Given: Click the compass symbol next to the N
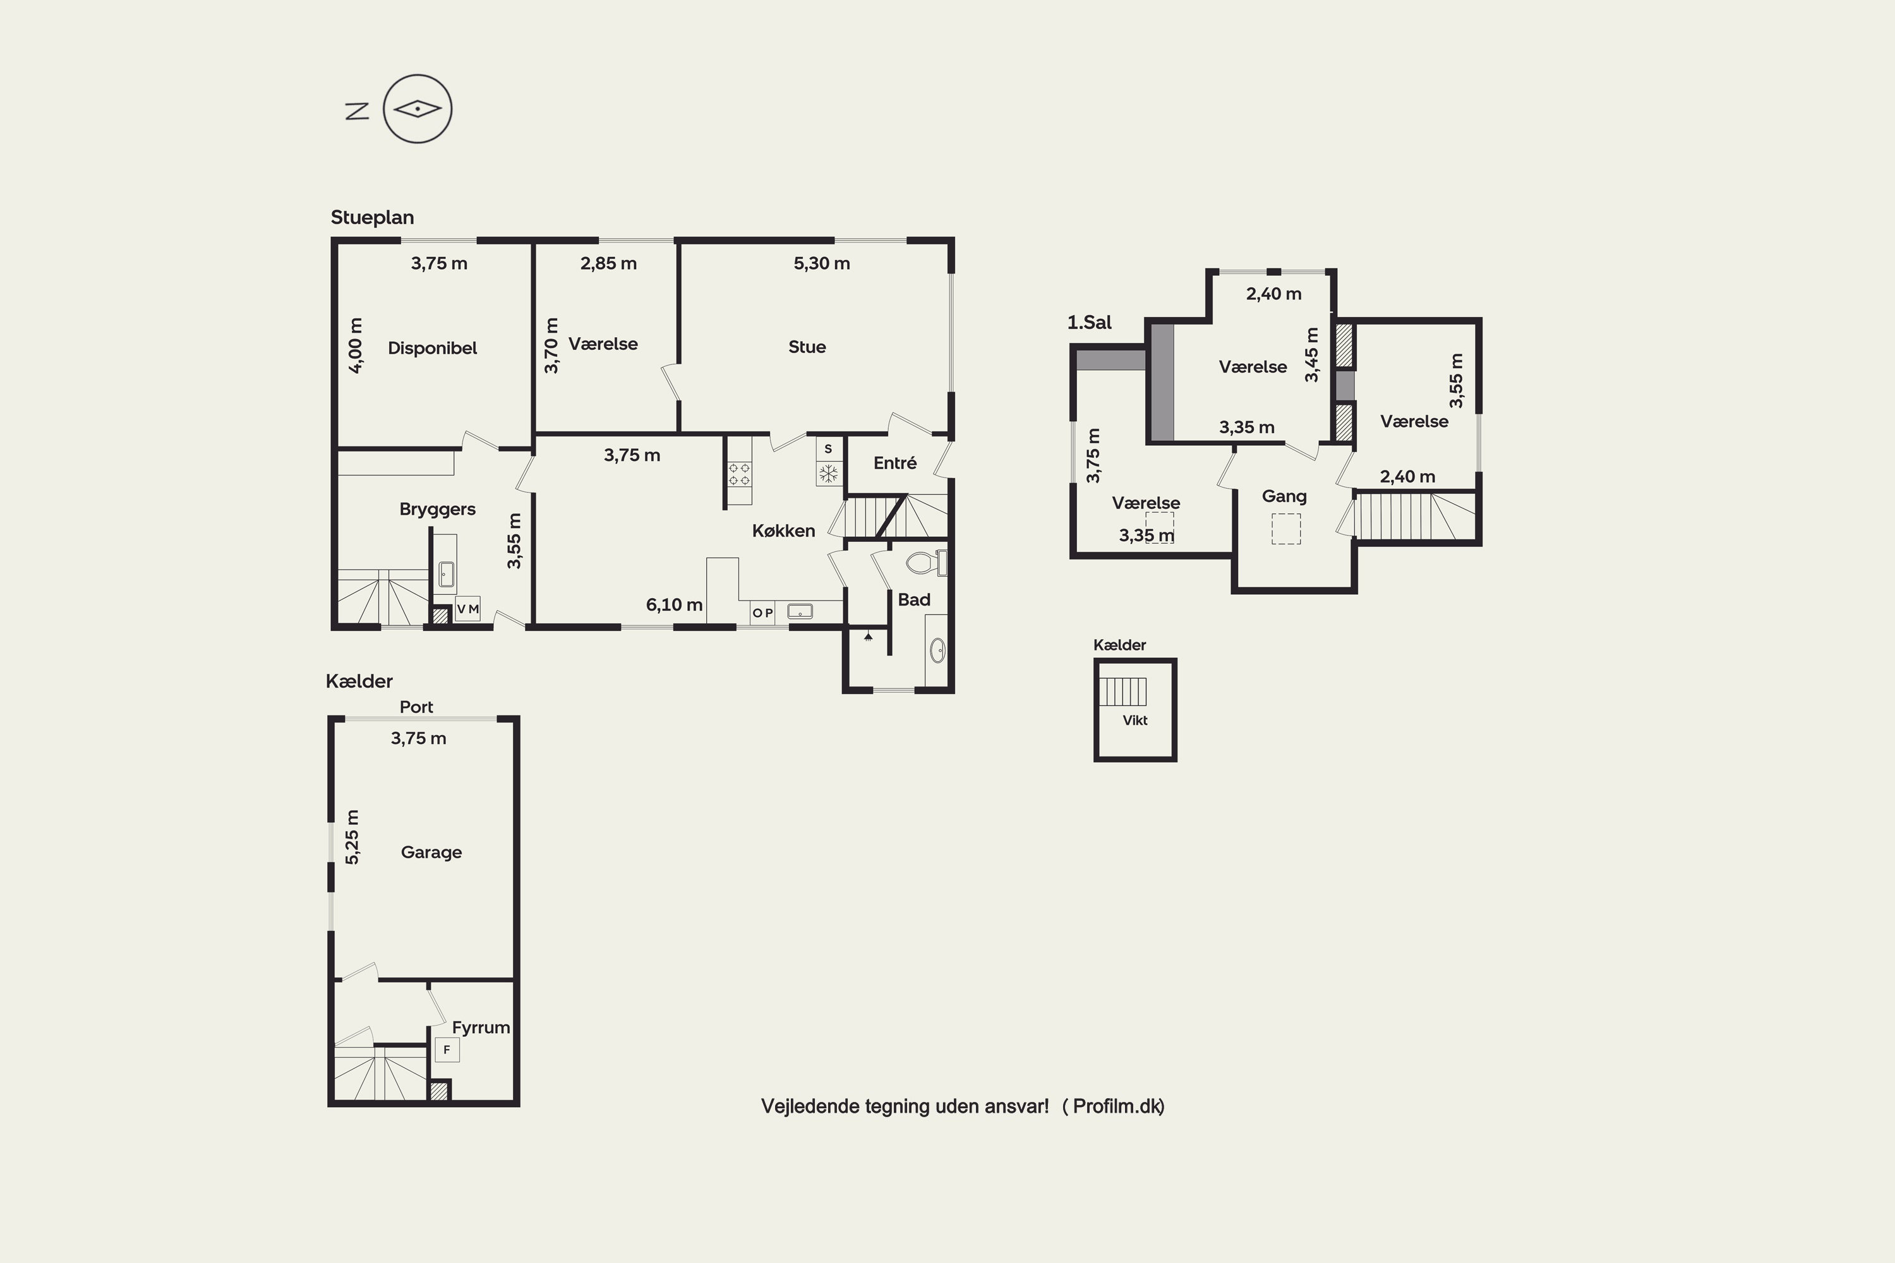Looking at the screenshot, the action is [x=418, y=109].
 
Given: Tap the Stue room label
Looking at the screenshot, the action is [x=807, y=347].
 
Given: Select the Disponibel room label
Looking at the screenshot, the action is [x=433, y=348].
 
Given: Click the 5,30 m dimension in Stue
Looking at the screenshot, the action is [x=821, y=263].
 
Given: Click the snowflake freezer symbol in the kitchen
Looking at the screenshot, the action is [x=828, y=474].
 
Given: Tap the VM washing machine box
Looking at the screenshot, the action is [x=467, y=609].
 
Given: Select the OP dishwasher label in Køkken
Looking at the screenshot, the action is [x=763, y=613].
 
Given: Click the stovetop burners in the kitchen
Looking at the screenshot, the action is [x=739, y=474].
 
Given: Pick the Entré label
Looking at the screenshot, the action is [x=894, y=463].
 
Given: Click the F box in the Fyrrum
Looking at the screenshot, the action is [x=447, y=1050].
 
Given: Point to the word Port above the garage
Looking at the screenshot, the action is [x=416, y=707].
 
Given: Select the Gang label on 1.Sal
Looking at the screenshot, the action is [x=1284, y=496].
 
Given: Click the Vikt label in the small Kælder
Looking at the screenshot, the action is [x=1134, y=720].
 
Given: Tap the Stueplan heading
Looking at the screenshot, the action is [x=372, y=217].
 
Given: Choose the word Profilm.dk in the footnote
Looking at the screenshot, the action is [x=1117, y=1107].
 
